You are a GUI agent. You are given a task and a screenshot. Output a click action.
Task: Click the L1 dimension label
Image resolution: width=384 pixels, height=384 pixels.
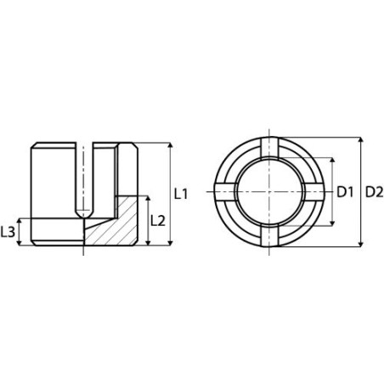click(180, 194)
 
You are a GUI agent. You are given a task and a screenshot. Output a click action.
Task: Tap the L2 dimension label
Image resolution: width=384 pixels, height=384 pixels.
click(157, 220)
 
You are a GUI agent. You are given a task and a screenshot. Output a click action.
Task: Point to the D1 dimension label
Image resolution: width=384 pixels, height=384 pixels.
click(345, 193)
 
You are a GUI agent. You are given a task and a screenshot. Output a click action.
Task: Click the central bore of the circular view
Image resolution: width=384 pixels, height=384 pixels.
click(274, 193)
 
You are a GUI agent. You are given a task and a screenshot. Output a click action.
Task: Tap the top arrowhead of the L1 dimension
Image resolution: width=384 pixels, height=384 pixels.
click(171, 146)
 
